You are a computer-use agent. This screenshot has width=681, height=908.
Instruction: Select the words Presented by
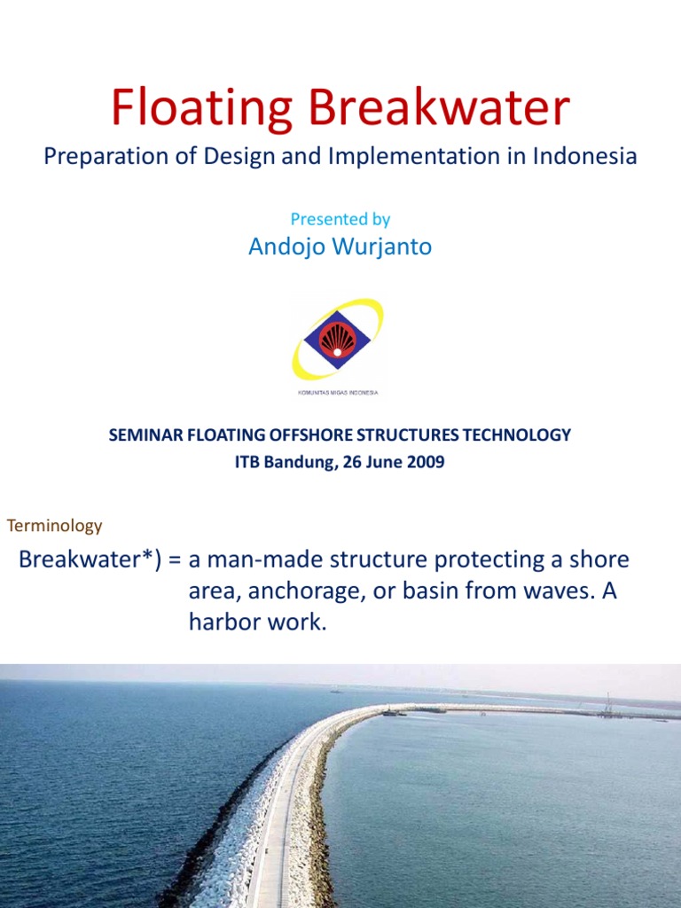click(340, 219)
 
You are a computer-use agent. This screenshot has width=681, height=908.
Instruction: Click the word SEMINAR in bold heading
click(142, 434)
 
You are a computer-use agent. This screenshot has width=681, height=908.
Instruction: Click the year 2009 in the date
click(427, 461)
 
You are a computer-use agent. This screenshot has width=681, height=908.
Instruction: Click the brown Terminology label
click(55, 526)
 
